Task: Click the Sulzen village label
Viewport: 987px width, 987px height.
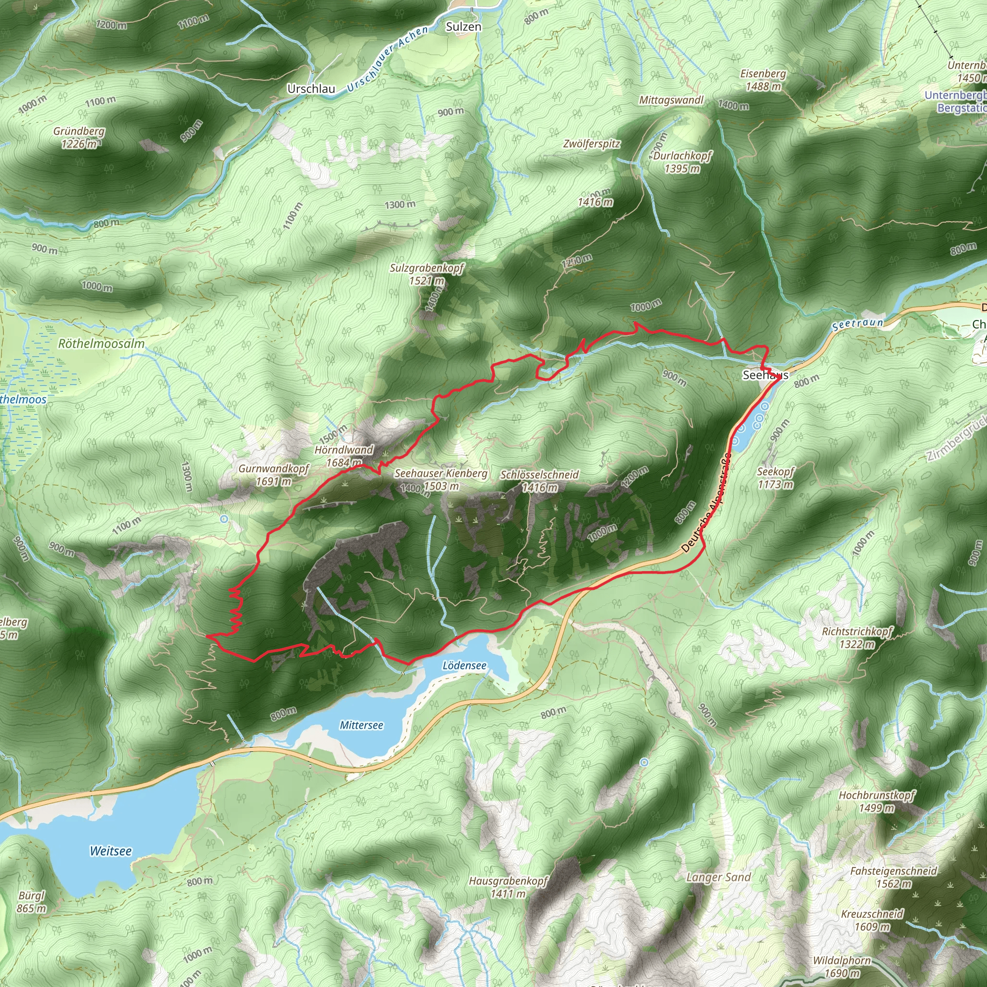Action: click(463, 27)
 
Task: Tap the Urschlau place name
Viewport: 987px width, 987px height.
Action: click(311, 89)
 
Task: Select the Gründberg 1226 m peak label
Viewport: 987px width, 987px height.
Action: click(79, 137)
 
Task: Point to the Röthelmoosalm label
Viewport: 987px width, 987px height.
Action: click(101, 343)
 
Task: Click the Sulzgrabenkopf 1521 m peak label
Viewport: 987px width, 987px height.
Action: click(427, 274)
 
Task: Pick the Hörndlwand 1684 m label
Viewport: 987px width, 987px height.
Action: click(344, 456)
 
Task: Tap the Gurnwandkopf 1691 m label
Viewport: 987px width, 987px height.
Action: click(274, 475)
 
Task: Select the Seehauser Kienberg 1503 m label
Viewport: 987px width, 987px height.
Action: click(441, 479)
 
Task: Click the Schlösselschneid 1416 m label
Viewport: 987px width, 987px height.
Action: click(539, 480)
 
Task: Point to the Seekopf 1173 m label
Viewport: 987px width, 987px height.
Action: click(775, 477)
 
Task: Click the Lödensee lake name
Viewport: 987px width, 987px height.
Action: click(465, 665)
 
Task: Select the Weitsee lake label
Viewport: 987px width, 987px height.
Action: click(110, 851)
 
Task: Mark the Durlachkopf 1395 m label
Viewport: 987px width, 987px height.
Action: click(682, 161)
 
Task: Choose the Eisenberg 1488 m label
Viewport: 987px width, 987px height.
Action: click(763, 80)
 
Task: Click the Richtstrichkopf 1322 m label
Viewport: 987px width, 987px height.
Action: click(857, 637)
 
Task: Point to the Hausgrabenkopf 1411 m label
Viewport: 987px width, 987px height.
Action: click(508, 887)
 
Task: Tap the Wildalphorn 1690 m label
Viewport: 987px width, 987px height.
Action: click(841, 967)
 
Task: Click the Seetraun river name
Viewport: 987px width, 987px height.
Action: click(858, 324)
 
